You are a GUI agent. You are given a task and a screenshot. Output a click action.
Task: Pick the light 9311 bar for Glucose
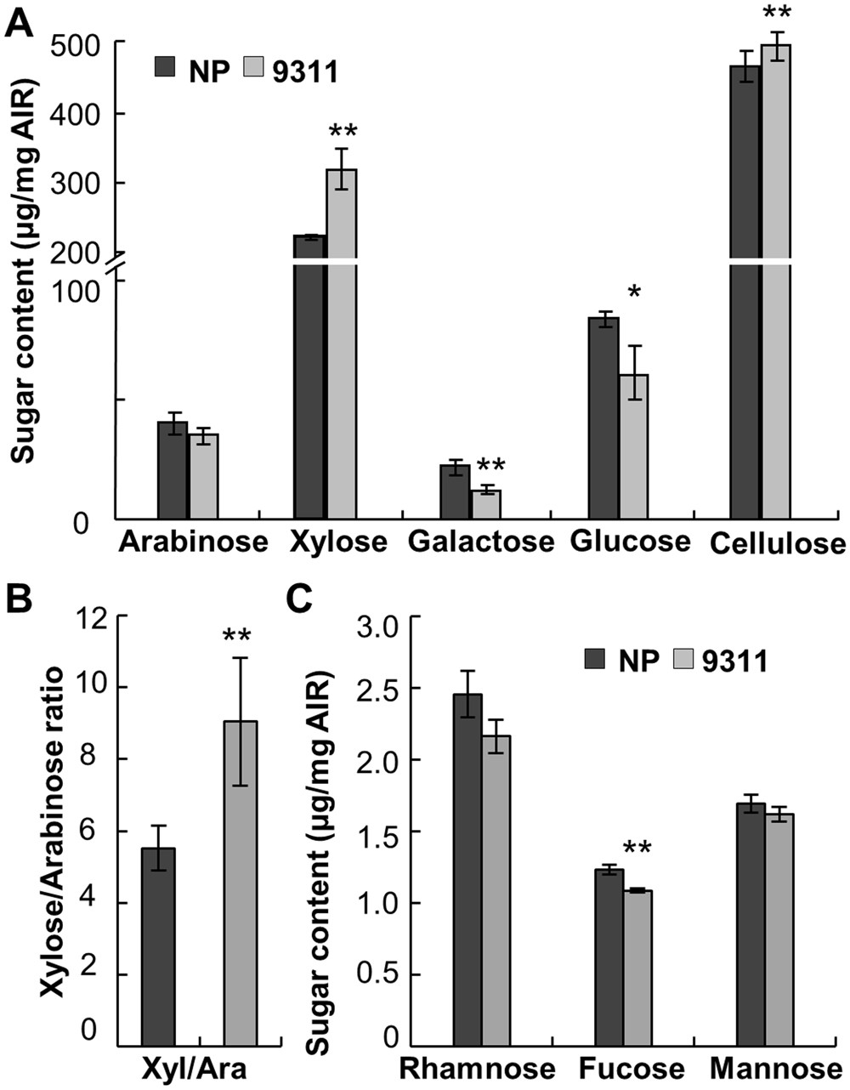pyautogui.click(x=633, y=446)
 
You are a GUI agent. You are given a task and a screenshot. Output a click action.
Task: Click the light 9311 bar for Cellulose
pyautogui.click(x=775, y=281)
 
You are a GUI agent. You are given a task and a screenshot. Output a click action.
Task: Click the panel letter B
pyautogui.click(x=20, y=599)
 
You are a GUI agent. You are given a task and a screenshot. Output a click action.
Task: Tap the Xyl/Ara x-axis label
pyautogui.click(x=200, y=1068)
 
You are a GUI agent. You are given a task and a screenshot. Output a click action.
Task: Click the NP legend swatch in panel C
pyautogui.click(x=596, y=659)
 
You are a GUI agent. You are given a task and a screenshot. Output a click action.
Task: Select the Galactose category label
pyautogui.click(x=480, y=542)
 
